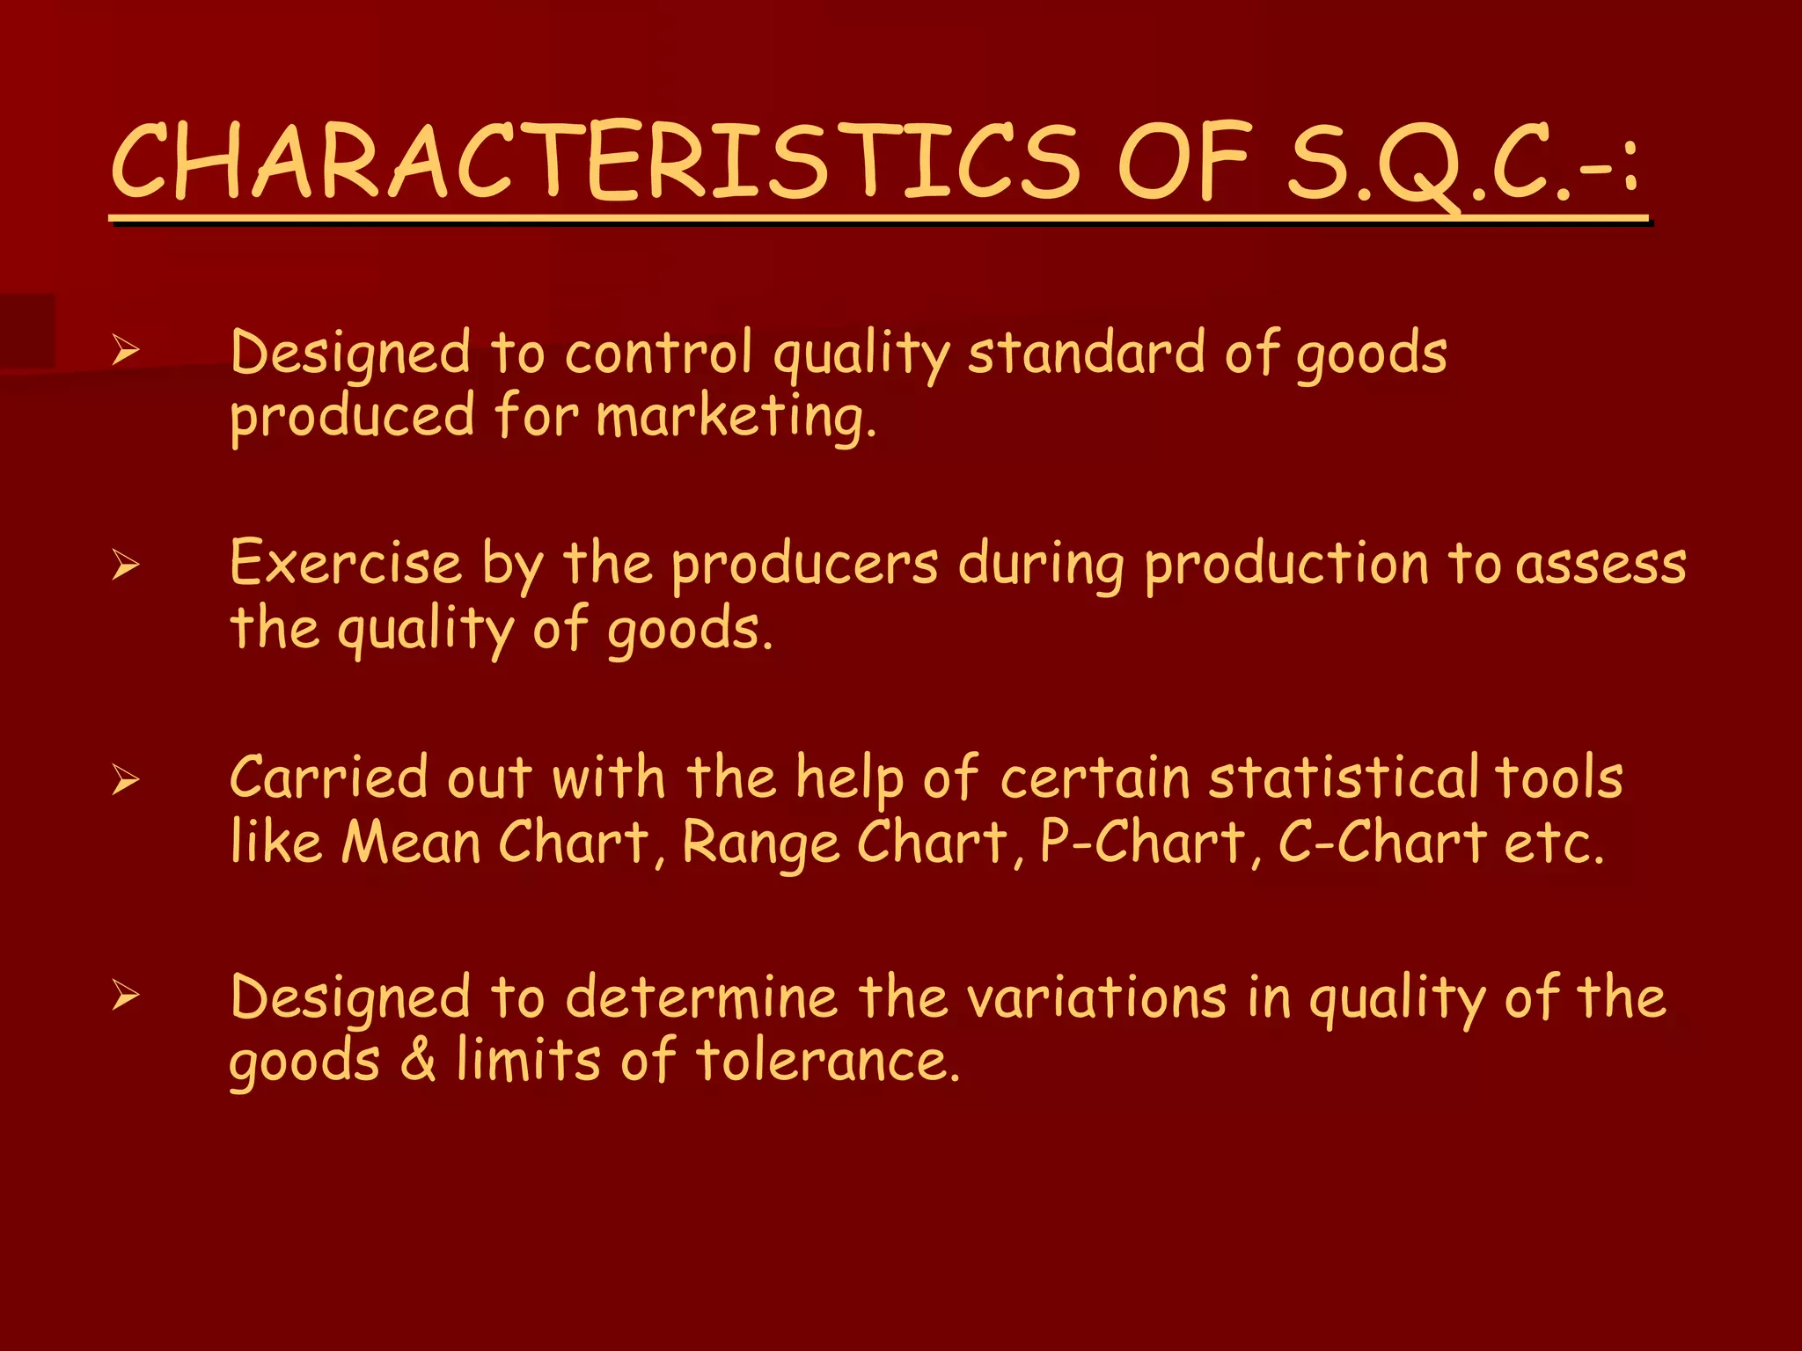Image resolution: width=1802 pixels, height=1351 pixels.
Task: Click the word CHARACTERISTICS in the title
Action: point(596,160)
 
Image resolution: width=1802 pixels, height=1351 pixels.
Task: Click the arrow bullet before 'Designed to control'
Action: point(126,351)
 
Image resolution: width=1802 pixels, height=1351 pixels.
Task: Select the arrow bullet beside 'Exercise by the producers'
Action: point(126,564)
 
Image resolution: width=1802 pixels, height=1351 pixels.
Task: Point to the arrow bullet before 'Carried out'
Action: point(126,779)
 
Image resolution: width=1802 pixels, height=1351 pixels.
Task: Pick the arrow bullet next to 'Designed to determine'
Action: point(126,996)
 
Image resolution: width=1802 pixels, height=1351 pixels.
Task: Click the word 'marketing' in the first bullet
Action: point(736,417)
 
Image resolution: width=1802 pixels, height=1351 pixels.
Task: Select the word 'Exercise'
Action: point(346,563)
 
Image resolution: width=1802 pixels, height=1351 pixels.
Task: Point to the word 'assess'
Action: point(1601,565)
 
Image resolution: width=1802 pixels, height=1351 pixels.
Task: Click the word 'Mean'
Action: point(411,842)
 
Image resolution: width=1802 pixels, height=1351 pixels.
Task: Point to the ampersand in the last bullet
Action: point(419,1060)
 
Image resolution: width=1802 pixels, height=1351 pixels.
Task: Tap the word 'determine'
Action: point(701,997)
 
